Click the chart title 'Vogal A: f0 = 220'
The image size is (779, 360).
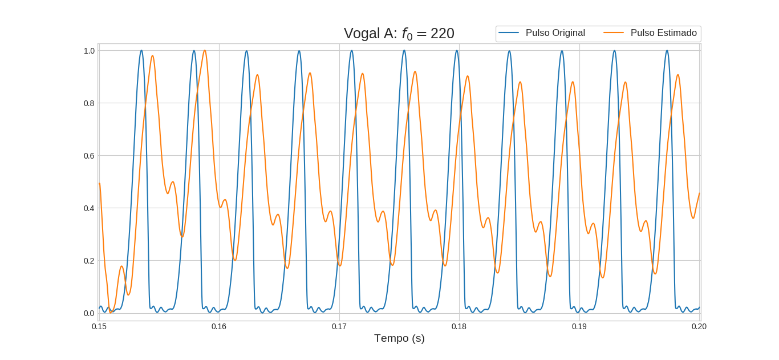coord(399,34)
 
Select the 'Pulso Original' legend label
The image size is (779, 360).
coord(555,33)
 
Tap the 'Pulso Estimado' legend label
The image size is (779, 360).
coord(663,33)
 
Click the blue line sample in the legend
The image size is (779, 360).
coord(508,33)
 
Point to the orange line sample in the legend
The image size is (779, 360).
coord(613,33)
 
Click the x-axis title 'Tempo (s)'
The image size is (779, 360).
coord(399,338)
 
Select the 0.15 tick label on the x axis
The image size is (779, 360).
coord(99,326)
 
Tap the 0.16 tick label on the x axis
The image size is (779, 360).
coord(219,326)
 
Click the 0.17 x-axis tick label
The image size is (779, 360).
coord(339,326)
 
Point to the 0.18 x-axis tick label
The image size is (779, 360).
coord(459,326)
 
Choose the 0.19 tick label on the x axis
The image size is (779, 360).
coord(579,326)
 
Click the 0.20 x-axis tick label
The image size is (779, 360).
coord(699,326)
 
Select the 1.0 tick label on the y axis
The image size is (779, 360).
coord(89,51)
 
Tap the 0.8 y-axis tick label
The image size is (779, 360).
coord(89,103)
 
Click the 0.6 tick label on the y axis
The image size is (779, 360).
coord(89,156)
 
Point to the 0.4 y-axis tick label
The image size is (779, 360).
coord(89,208)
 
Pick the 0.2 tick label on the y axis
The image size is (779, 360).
coord(89,261)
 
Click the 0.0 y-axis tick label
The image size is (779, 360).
coord(89,313)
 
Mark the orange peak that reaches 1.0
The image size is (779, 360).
coord(204,51)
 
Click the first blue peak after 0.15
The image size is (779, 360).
coord(141,51)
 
